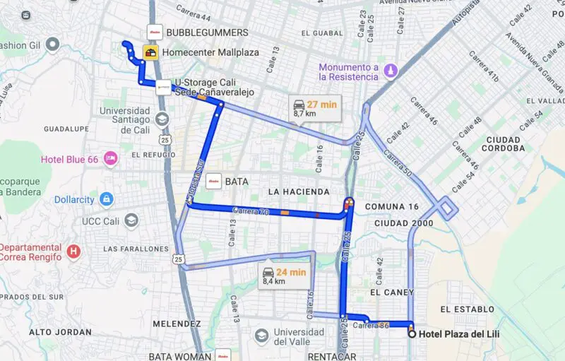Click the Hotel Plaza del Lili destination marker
pos(412,335)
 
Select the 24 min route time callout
pos(275,276)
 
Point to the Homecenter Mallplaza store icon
pos(150,52)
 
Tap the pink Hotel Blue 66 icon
pos(110,159)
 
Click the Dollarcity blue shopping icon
pos(106,199)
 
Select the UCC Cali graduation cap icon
pos(131,221)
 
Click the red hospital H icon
pos(73,251)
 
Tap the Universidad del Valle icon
pos(261,334)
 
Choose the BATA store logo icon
pos(213,182)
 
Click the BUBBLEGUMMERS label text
pos(207,32)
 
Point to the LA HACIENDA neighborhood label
pos(298,191)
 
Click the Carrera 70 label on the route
pos(251,211)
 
